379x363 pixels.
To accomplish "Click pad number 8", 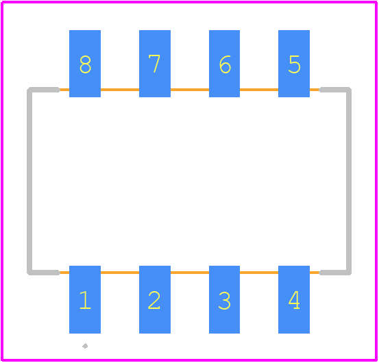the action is [85, 64].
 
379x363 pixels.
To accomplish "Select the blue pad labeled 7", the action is [155, 64].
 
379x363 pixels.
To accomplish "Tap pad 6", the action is [224, 64].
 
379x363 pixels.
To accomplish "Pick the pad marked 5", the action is [294, 64].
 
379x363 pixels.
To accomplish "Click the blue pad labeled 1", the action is [85, 299].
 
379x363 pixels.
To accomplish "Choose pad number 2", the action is [155, 299].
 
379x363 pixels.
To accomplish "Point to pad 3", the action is [224, 299].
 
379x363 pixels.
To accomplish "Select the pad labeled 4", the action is [294, 299].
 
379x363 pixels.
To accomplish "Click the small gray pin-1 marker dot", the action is [85, 346].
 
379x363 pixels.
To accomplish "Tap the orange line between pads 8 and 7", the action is [120, 90].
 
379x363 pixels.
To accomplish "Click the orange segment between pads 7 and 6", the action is [190, 90].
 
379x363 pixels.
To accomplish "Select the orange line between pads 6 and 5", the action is [259, 90].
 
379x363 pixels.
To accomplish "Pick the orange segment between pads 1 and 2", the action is [120, 273].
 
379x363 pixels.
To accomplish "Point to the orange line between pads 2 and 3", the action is [190, 273].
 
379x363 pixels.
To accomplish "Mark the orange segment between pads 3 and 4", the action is [259, 273].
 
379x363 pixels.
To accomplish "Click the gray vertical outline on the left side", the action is [29, 181].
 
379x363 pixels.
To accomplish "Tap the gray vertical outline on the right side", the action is [349, 181].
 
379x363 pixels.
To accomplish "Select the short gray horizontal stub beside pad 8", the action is [43, 90].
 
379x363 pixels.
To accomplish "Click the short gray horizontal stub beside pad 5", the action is [335, 90].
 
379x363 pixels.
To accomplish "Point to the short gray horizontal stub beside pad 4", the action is [335, 273].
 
